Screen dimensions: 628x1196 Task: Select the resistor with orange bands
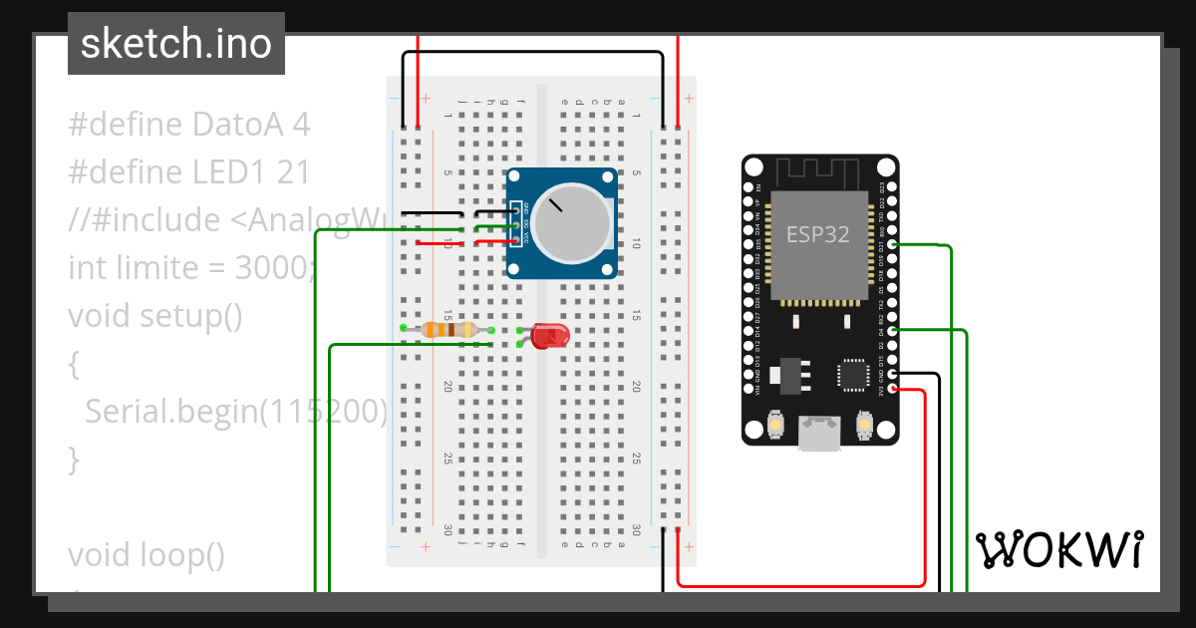pyautogui.click(x=447, y=329)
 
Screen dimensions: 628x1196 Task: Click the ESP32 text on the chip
pyautogui.click(x=818, y=235)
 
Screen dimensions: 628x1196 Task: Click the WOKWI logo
pyautogui.click(x=1058, y=549)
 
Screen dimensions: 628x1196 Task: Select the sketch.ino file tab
pyautogui.click(x=176, y=44)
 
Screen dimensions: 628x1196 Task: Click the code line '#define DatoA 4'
pyautogui.click(x=188, y=125)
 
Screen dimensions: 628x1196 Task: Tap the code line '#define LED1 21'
pyautogui.click(x=188, y=172)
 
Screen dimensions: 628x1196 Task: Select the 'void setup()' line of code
pyautogui.click(x=155, y=316)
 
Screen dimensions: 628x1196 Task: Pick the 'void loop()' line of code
pyautogui.click(x=147, y=554)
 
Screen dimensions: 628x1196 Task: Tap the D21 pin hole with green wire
pyautogui.click(x=891, y=244)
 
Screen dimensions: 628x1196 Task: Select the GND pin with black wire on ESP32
pyautogui.click(x=891, y=374)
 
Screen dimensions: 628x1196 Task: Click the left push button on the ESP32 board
pyautogui.click(x=775, y=427)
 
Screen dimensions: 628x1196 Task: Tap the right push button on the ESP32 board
pyautogui.click(x=864, y=427)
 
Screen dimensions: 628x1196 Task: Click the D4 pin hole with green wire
pyautogui.click(x=891, y=329)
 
